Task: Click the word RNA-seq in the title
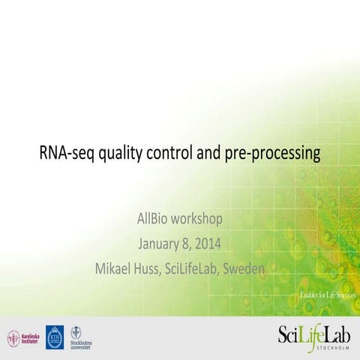coord(64,154)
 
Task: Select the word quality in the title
coord(119,155)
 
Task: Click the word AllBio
coord(154,220)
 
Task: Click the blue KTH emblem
coord(55,336)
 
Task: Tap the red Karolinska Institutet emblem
coord(13,337)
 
